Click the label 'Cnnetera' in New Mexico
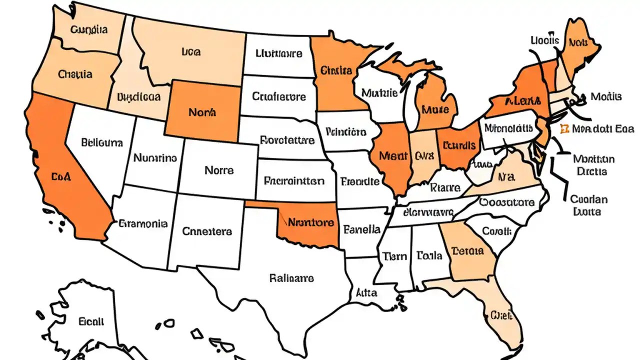point(206,231)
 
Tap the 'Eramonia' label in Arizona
point(143,223)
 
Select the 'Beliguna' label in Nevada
point(101,142)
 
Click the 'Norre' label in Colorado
point(219,170)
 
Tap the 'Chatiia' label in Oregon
point(75,74)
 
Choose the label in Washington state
point(89,29)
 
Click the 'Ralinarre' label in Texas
point(291,277)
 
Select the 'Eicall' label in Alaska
point(91,321)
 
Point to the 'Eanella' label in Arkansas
point(362,230)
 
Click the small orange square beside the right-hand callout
point(564,128)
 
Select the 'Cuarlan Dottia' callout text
point(588,205)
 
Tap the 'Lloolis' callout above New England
point(544,40)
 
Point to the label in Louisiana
point(366,293)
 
